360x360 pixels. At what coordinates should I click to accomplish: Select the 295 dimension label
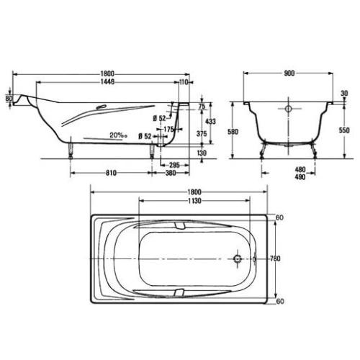click(172, 164)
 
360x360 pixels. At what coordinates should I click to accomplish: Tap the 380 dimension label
click(171, 174)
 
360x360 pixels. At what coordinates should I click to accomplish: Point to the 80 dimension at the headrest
click(9, 98)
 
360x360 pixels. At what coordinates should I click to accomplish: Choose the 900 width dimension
click(288, 74)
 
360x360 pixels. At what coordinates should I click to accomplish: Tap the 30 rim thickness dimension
click(344, 94)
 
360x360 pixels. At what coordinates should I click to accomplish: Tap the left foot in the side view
click(71, 149)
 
